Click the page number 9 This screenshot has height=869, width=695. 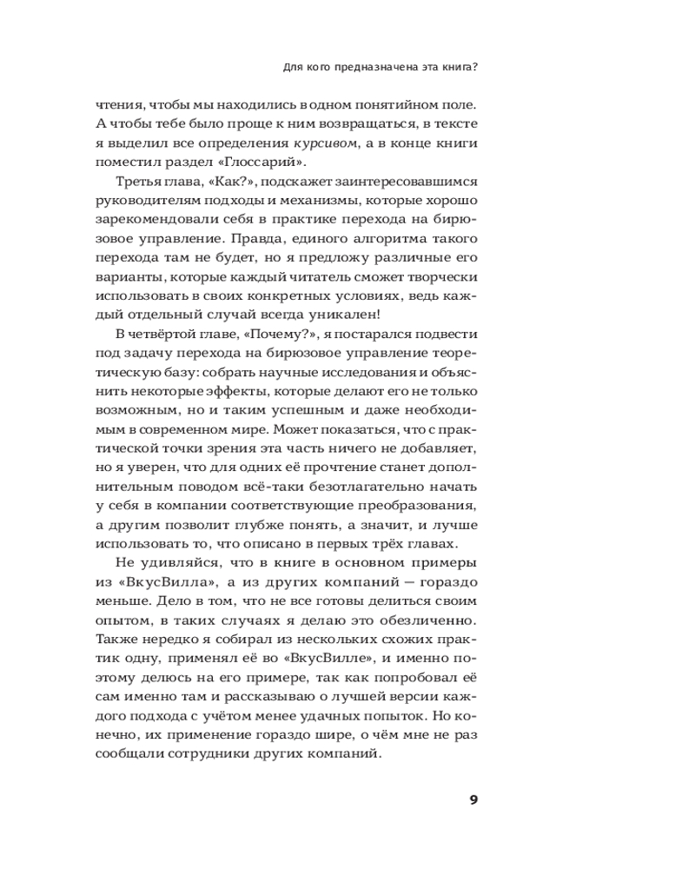[473, 800]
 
